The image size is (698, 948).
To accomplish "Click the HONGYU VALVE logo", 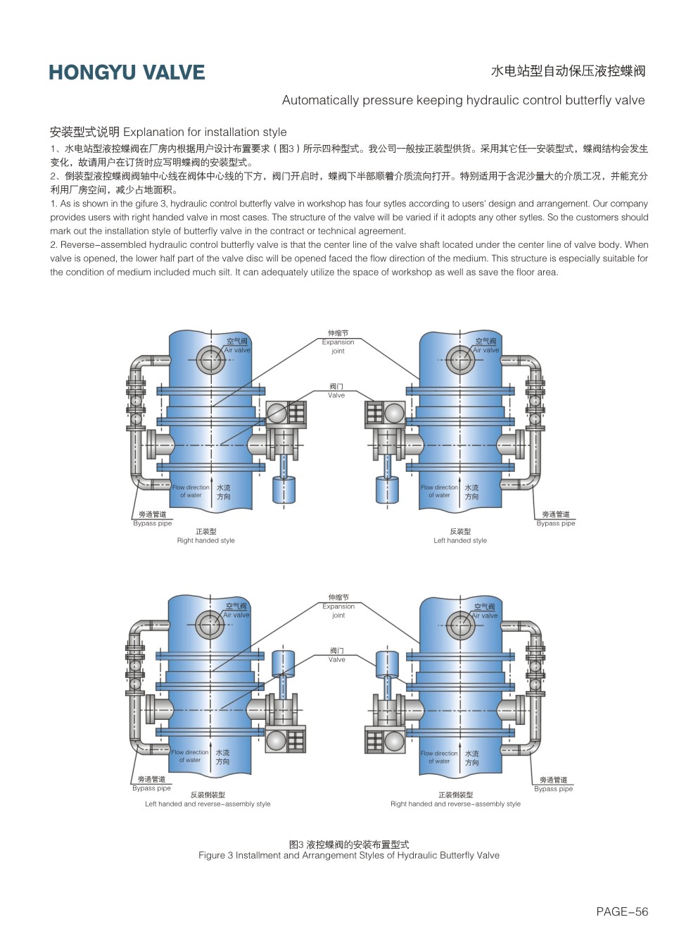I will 127,73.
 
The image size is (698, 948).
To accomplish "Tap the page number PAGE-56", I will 621,911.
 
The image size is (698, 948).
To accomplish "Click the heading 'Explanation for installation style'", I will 205,132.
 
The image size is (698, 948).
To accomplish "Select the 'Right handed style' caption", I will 205,541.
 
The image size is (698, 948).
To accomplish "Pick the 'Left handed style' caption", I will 459,541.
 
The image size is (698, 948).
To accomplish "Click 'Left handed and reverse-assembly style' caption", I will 208,804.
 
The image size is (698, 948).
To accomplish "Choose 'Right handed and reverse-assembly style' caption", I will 455,804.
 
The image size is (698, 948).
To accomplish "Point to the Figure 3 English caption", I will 348,855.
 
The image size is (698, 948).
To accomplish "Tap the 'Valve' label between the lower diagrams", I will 337,659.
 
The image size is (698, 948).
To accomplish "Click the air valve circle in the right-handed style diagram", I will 210,360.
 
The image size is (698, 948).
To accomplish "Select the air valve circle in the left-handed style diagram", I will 460,360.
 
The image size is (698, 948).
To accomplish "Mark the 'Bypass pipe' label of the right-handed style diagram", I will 153,523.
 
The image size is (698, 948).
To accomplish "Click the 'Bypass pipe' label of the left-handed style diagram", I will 555,523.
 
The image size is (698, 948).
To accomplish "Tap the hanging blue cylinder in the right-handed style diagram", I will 284,489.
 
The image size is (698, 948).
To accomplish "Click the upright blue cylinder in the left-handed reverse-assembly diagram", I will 283,663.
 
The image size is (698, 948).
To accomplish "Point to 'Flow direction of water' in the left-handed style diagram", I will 439,491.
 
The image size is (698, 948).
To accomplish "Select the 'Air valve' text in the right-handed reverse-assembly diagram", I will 485,616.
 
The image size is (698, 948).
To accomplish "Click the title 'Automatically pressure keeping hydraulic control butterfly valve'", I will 463,100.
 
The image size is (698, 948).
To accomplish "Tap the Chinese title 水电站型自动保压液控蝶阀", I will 567,71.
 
